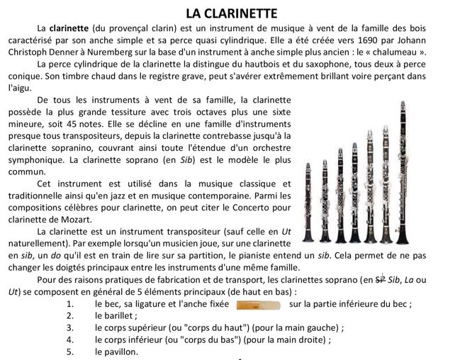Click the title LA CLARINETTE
[227, 12]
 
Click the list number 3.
[69, 328]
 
